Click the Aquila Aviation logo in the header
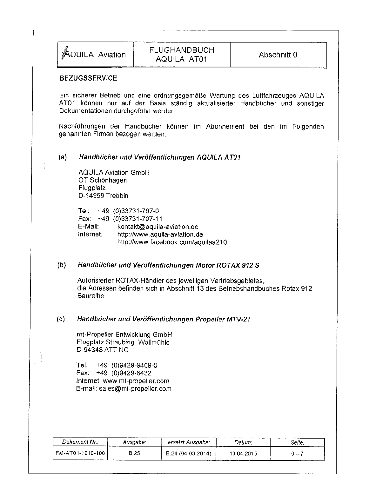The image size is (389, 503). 93,54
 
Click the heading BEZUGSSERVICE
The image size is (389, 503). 88,78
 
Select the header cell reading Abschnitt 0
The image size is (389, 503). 278,55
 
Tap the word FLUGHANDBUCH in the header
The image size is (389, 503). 182,50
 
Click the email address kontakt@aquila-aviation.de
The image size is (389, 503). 158,227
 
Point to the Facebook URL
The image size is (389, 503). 172,242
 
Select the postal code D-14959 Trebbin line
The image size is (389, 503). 103,195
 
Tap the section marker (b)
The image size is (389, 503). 61,265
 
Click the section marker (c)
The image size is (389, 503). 61,319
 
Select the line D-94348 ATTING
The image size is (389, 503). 103,350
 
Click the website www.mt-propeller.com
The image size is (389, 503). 136,381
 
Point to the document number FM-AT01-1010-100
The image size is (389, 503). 80,453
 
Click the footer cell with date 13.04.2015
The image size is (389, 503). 243,453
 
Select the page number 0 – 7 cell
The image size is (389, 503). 297,453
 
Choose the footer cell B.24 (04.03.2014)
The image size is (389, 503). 189,453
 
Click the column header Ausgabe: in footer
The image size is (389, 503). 134,442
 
